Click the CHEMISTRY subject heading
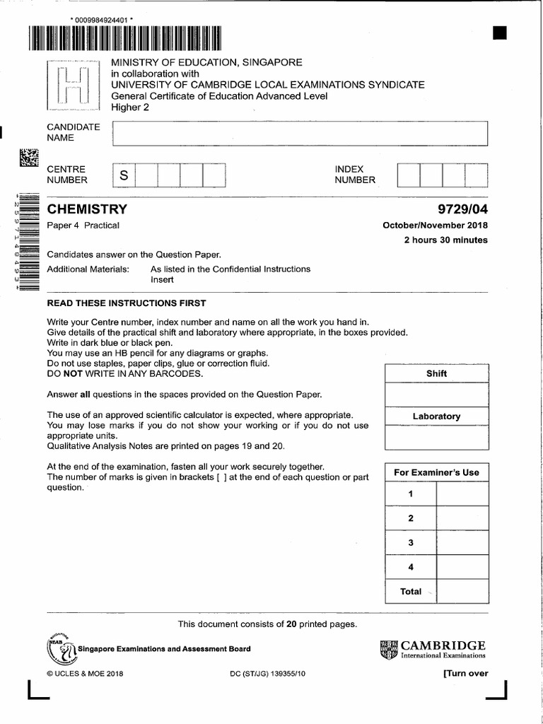(x=87, y=209)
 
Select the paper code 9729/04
(x=463, y=209)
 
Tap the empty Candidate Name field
(x=300, y=133)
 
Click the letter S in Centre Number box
(x=123, y=175)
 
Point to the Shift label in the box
(x=436, y=373)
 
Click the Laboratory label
(x=436, y=416)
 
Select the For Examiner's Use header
(x=436, y=472)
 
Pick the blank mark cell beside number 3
(x=462, y=543)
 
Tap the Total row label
(x=411, y=591)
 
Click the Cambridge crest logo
(x=389, y=649)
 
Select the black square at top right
(x=500, y=33)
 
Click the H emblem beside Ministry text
(x=74, y=86)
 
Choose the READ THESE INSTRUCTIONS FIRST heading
(x=127, y=303)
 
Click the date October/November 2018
(x=435, y=226)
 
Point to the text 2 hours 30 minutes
(x=445, y=240)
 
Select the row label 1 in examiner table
(x=411, y=494)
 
